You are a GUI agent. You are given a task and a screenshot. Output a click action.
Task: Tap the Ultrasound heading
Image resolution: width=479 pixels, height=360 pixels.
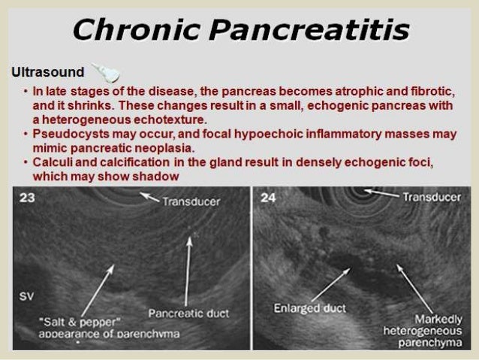point(47,72)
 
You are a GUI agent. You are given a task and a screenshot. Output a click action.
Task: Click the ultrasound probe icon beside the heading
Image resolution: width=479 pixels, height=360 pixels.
point(105,72)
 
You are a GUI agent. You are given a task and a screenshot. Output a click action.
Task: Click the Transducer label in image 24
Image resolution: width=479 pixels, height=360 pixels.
point(431,198)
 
